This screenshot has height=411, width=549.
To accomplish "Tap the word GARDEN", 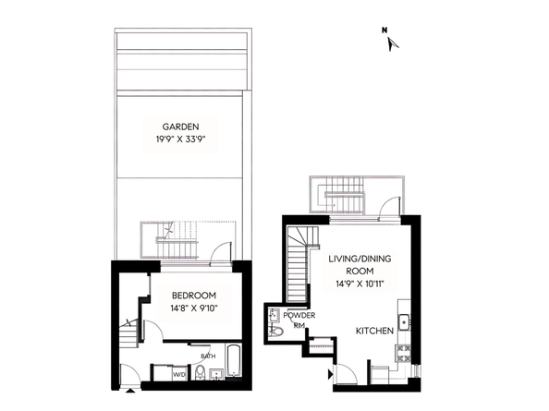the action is click(180, 127).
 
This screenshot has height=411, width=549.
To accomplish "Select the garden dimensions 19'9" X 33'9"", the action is click(180, 139).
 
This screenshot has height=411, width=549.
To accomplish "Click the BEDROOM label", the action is click(194, 296).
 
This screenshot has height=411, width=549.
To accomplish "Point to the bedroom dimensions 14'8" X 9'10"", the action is click(194, 308).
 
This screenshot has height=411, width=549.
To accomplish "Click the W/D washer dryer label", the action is click(179, 375).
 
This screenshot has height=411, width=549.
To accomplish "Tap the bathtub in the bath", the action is click(234, 360).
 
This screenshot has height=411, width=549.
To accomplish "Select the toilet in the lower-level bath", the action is click(201, 371).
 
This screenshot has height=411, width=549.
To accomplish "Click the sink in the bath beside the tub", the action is click(217, 374).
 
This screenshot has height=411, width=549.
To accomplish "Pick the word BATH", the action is click(208, 357).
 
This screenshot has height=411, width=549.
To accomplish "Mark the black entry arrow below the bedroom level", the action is click(130, 391).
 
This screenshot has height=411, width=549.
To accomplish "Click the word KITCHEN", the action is click(374, 331).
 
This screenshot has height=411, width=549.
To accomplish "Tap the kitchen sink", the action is click(404, 321).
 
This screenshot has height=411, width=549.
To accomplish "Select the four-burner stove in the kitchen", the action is click(403, 354).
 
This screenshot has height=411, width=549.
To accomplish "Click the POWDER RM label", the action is click(299, 320).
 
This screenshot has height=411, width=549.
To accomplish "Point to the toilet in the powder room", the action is click(276, 331).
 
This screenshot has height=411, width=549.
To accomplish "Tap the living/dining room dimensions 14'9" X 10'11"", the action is click(360, 284).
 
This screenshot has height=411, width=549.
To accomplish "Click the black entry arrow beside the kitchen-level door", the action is click(330, 375).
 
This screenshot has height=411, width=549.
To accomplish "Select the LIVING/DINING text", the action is click(360, 260).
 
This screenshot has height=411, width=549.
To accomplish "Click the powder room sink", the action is click(273, 315).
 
